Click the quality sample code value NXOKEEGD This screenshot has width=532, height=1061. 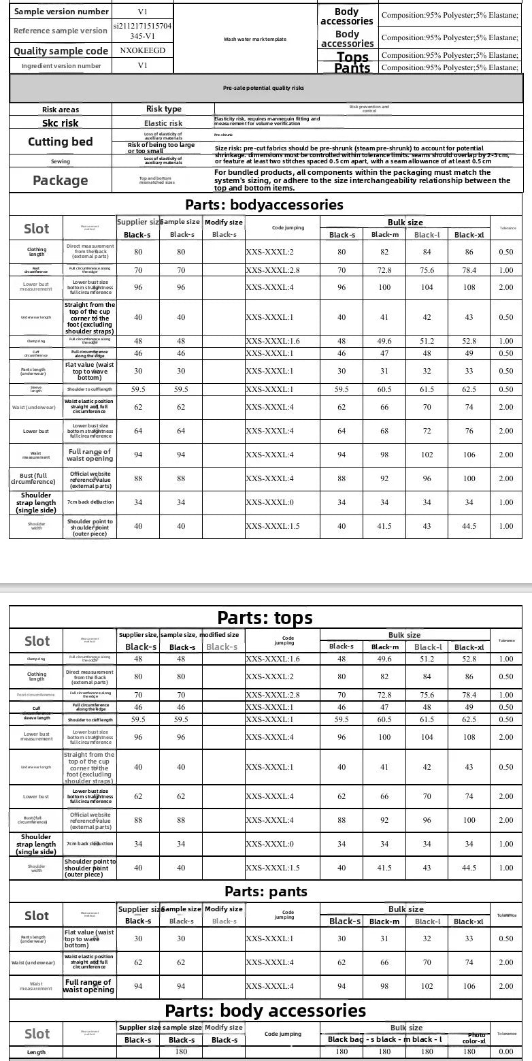click(x=142, y=50)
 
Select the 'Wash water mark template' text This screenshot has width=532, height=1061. click(x=255, y=39)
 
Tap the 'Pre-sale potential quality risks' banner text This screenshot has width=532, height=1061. click(x=263, y=88)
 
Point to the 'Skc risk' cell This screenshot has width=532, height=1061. click(x=61, y=123)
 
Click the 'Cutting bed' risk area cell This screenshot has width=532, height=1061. click(x=60, y=142)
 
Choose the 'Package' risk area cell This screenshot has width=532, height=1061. click(x=60, y=180)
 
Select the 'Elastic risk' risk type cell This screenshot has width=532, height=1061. click(x=163, y=123)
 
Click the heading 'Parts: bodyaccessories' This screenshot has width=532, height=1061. click(x=264, y=205)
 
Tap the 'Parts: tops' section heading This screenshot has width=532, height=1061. click(x=265, y=617)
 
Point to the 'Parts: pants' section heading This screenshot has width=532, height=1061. click(x=266, y=892)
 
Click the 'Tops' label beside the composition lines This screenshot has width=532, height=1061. click(x=352, y=56)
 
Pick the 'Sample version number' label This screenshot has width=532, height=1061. click(x=61, y=12)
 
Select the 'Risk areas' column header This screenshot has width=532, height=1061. click(x=61, y=110)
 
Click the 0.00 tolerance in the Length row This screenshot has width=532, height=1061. click(x=506, y=1052)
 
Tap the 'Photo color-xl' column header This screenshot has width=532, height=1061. click(x=475, y=1039)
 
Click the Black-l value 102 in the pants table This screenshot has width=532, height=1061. click(x=427, y=986)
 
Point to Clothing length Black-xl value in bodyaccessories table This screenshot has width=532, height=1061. click(x=469, y=252)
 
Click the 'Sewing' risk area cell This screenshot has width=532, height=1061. click(x=61, y=161)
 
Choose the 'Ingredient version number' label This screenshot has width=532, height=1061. click(x=61, y=66)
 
